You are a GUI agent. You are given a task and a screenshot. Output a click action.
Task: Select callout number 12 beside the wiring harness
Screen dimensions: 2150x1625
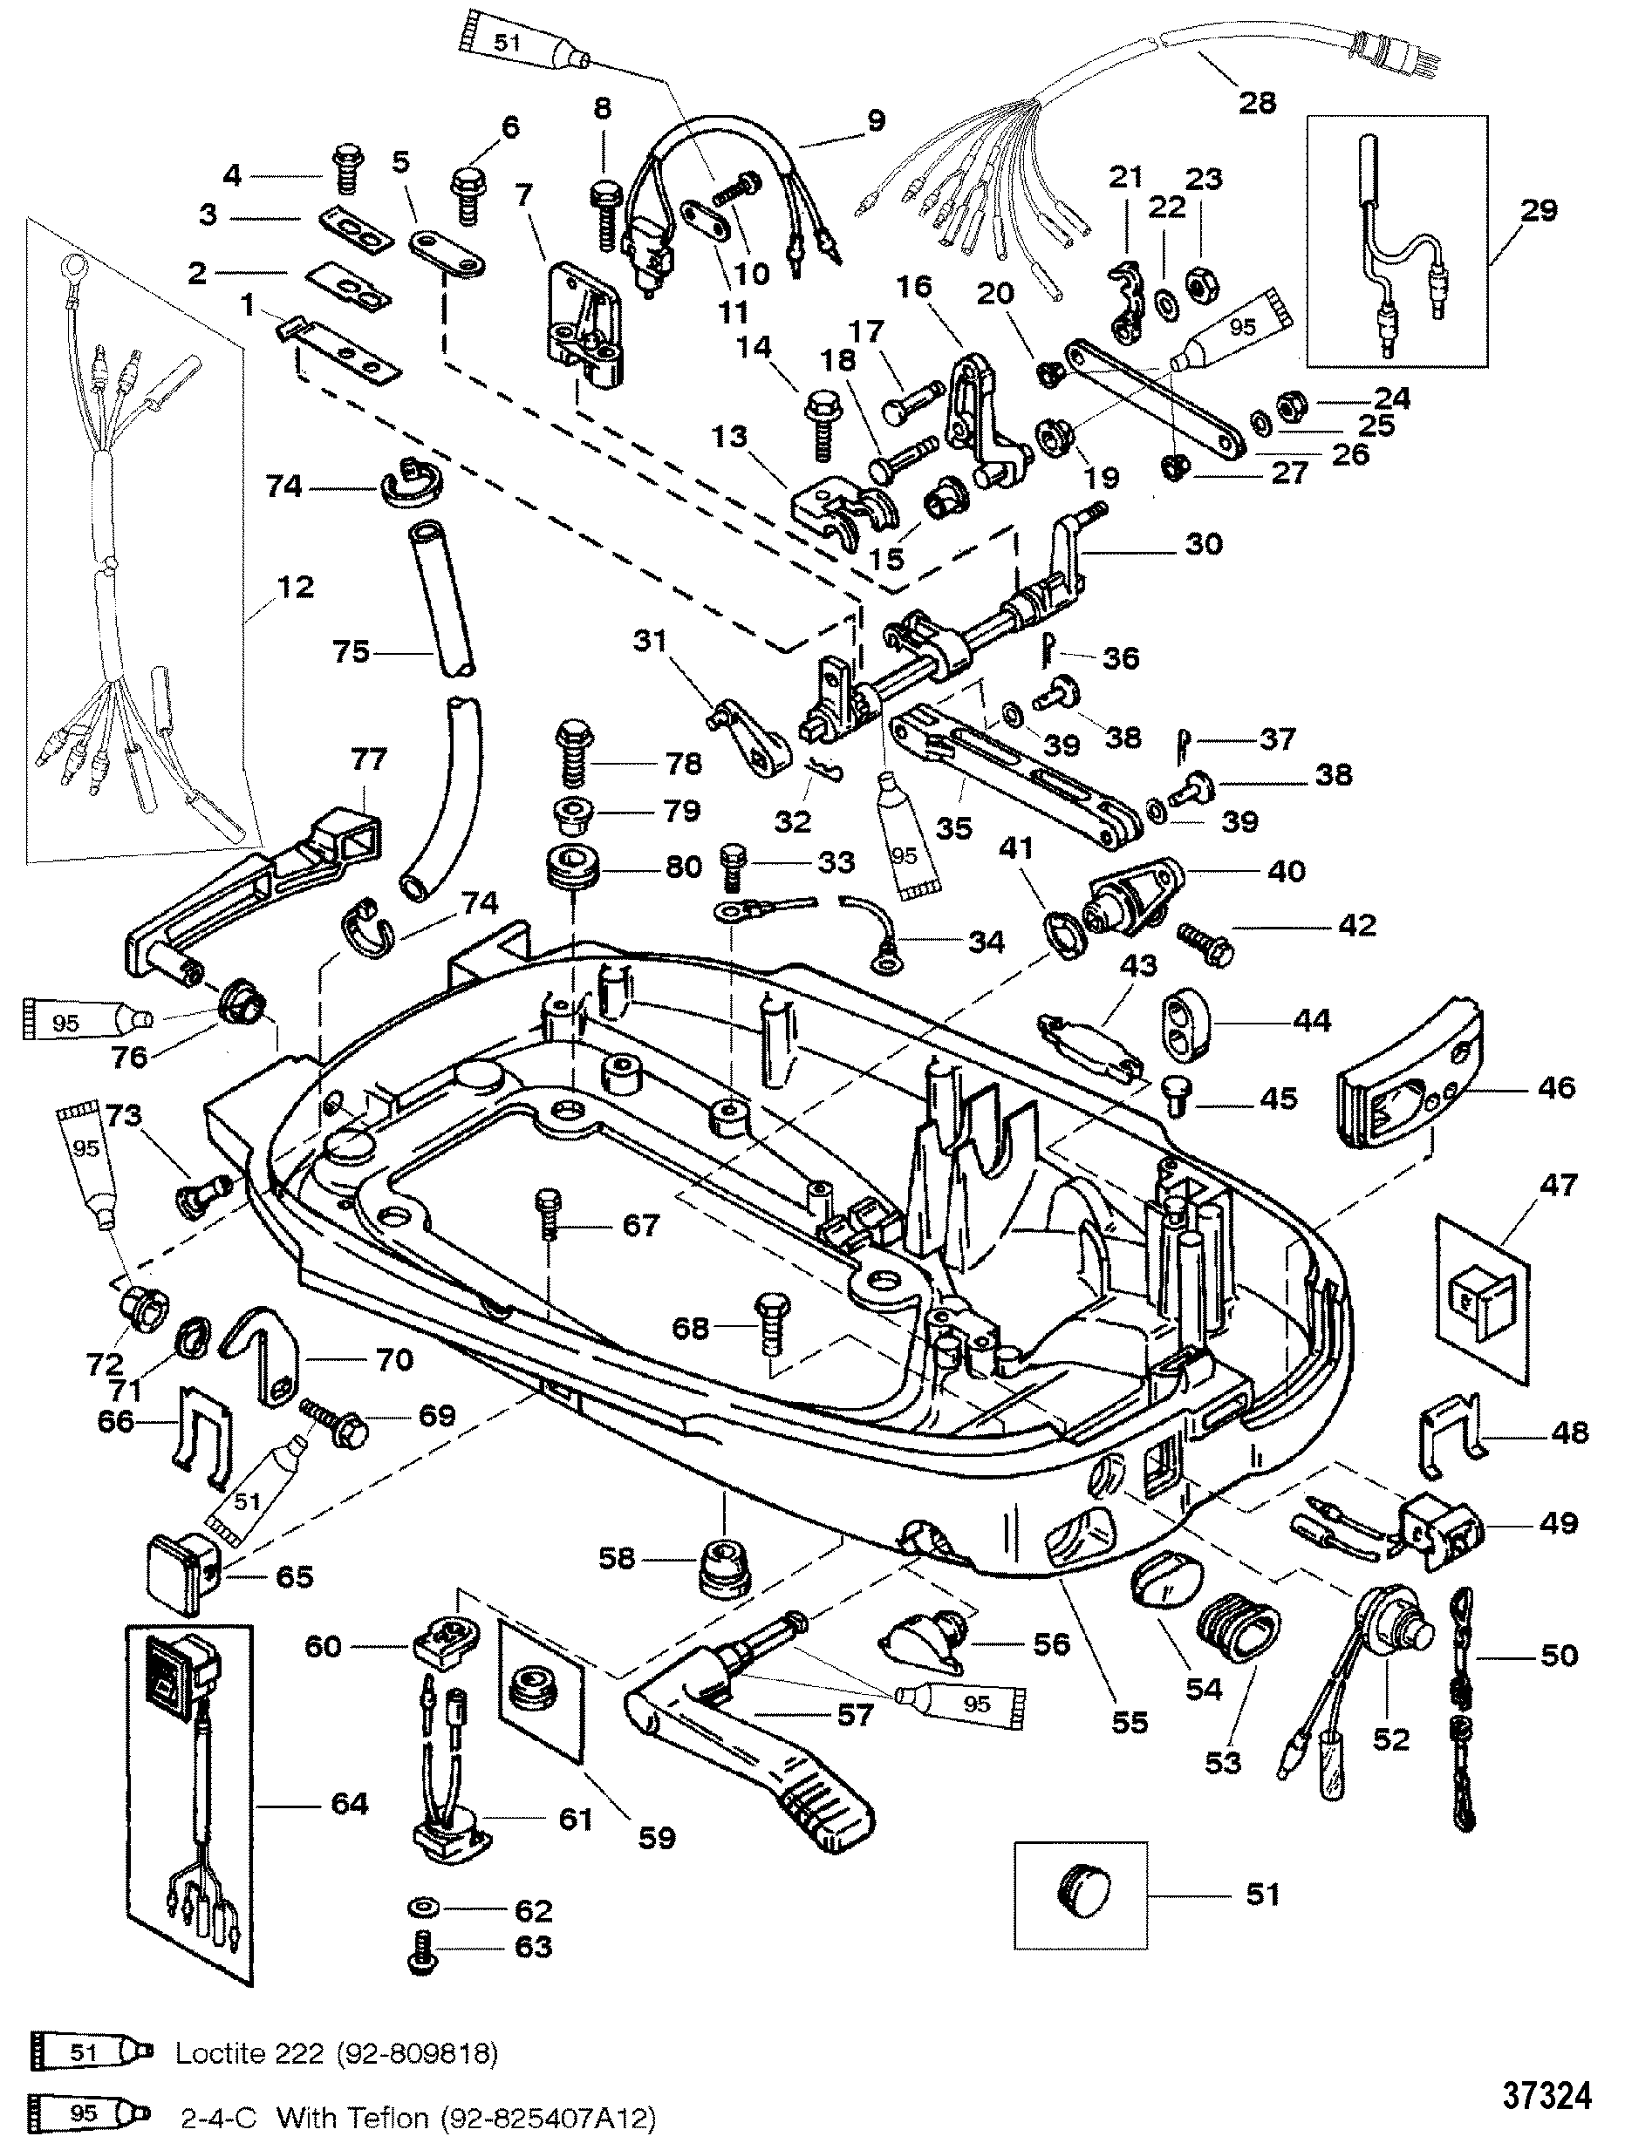point(296,587)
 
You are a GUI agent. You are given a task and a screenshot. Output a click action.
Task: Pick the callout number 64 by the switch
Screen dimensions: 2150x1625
point(349,1803)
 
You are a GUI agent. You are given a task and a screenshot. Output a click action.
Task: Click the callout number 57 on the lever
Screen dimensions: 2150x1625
point(855,1716)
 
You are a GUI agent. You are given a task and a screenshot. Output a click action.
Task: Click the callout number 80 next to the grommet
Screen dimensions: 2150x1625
point(682,865)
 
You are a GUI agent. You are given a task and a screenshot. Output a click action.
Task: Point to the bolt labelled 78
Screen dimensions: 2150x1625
point(574,765)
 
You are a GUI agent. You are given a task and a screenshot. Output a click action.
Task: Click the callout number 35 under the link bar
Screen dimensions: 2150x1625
point(954,828)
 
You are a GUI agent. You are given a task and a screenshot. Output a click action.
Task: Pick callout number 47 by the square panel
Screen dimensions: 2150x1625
point(1557,1185)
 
